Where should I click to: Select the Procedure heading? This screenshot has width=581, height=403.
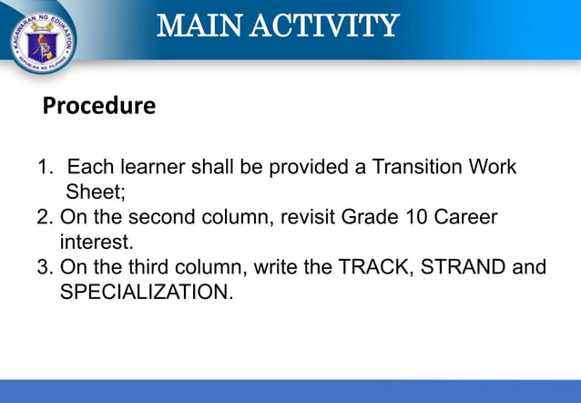point(99,107)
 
